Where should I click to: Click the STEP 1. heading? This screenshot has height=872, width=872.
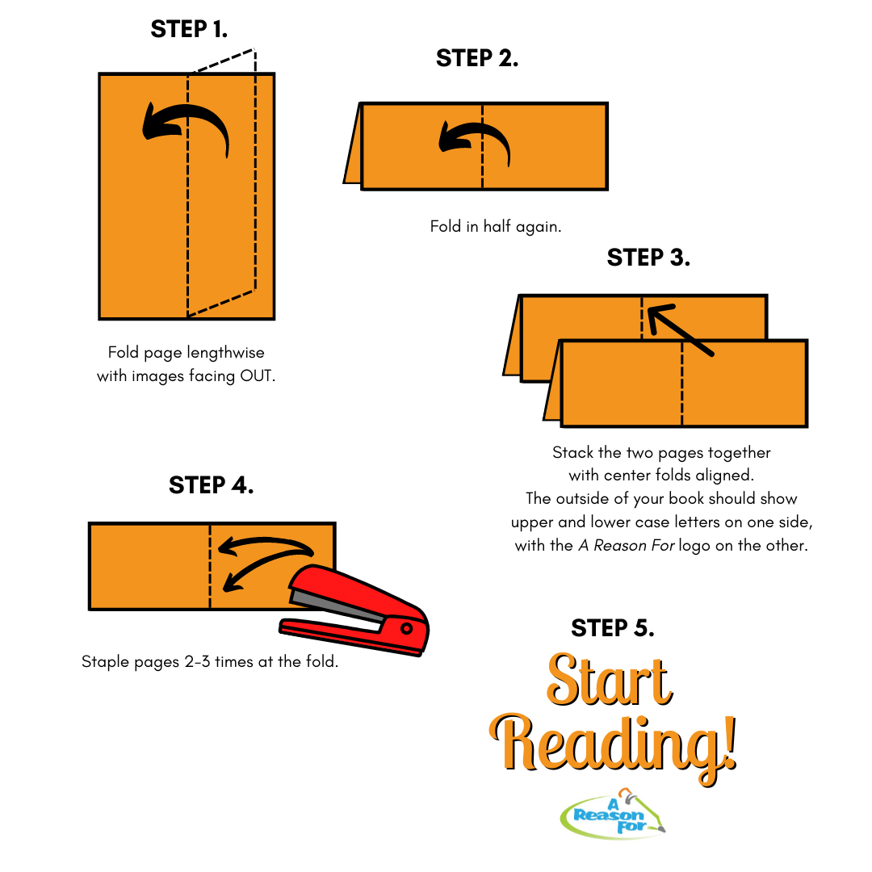click(x=189, y=29)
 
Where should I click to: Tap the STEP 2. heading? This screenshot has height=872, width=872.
click(x=477, y=58)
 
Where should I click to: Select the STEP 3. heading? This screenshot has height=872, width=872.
click(x=648, y=258)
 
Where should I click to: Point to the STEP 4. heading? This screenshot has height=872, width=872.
click(x=212, y=485)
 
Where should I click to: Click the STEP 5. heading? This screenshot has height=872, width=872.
click(x=613, y=628)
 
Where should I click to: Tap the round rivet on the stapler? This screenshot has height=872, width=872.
click(x=406, y=628)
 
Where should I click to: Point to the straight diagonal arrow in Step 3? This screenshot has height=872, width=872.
click(x=681, y=329)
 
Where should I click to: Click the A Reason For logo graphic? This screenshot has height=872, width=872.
click(x=613, y=814)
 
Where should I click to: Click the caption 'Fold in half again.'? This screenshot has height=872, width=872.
click(x=496, y=226)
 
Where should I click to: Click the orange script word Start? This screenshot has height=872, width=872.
click(x=610, y=680)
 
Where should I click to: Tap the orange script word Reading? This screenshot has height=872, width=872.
click(x=613, y=745)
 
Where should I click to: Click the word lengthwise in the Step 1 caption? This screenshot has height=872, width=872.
click(x=225, y=353)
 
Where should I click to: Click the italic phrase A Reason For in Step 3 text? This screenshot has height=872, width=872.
click(x=627, y=546)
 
